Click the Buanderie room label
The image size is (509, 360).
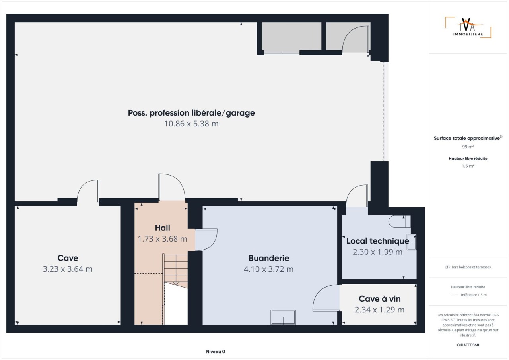(x=268, y=258)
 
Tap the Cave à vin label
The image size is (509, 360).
(x=379, y=299)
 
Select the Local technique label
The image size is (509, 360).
(x=378, y=241)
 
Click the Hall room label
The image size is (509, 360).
(x=163, y=228)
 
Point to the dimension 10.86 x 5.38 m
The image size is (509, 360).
(x=191, y=124)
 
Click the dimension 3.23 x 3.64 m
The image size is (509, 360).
(x=68, y=269)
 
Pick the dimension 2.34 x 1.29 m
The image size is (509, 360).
(x=379, y=310)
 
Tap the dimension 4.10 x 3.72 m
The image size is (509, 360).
(x=268, y=269)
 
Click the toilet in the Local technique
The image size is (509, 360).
(x=399, y=222)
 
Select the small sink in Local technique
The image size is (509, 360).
(x=411, y=242)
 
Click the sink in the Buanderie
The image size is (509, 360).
(x=283, y=317)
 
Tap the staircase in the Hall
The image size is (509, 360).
(x=175, y=289)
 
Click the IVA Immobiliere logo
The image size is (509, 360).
(x=468, y=27)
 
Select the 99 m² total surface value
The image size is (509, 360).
(x=468, y=147)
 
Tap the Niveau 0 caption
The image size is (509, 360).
(x=216, y=352)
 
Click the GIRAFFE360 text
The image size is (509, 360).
(x=468, y=345)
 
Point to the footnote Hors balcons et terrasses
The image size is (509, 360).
(x=468, y=267)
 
